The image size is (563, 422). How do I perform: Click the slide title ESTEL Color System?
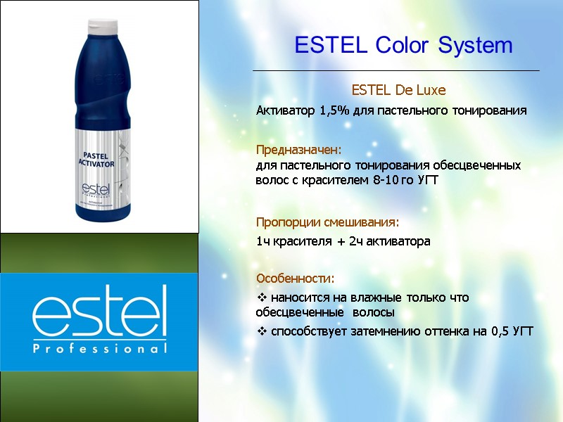tap(403, 46)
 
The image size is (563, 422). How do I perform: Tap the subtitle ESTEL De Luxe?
tap(398, 91)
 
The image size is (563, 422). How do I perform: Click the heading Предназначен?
tap(298, 151)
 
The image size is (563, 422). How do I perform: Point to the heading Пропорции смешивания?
tap(327, 222)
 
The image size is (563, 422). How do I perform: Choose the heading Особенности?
tap(295, 279)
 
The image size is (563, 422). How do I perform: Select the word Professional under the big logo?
tap(99, 348)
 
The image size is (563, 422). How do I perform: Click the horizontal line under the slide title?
tap(396, 71)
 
